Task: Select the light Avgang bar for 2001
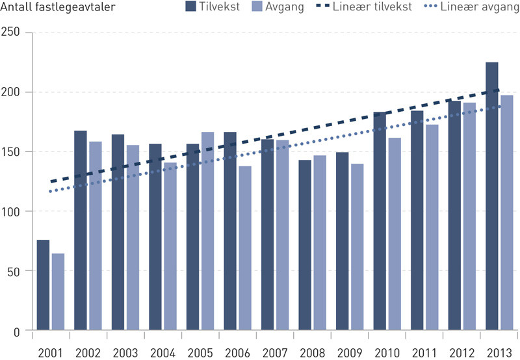(x=58, y=292)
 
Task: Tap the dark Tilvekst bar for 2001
(x=43, y=285)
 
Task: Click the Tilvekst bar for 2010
(x=380, y=222)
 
